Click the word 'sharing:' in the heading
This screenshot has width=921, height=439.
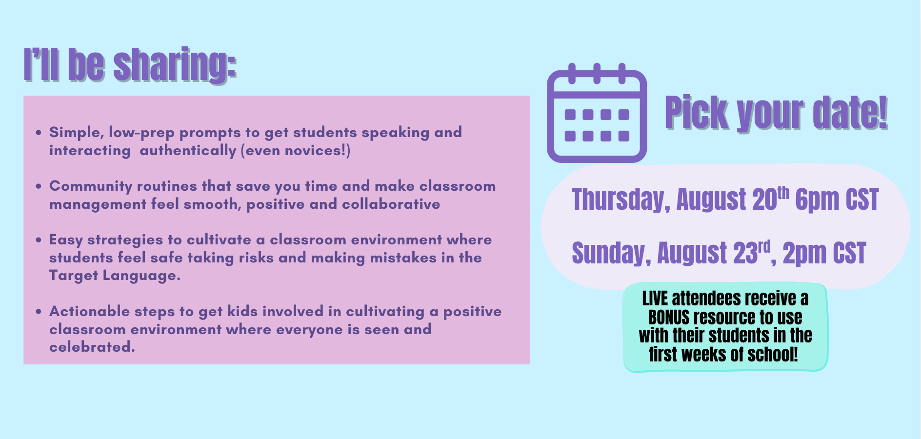[x=175, y=65]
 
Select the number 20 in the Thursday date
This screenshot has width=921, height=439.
[x=764, y=200]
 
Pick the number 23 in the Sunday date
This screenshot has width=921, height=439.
[x=745, y=254]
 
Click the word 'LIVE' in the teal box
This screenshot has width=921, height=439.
[x=655, y=299]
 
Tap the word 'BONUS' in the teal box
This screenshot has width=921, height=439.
[x=669, y=318]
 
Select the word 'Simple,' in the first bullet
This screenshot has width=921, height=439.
[x=77, y=133]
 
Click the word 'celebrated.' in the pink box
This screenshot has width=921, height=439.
[x=92, y=347]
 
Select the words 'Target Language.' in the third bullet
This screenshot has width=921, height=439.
[x=115, y=276]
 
